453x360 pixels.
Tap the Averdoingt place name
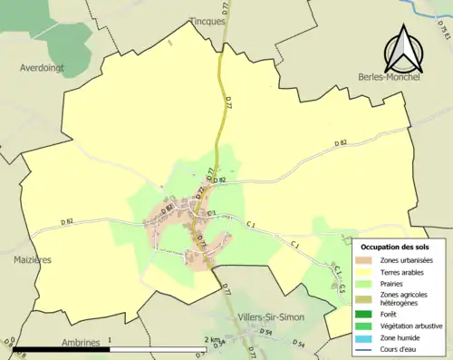click(43, 67)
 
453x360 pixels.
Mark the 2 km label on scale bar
click(212, 339)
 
